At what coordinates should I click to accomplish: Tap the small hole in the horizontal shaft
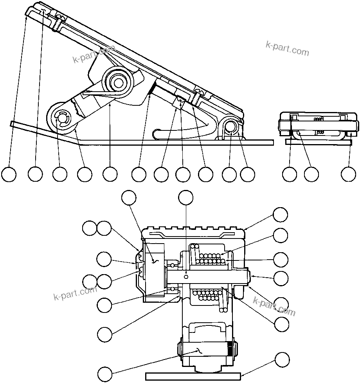(187, 276)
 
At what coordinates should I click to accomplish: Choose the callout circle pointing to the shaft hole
(186, 197)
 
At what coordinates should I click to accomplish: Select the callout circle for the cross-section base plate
(282, 359)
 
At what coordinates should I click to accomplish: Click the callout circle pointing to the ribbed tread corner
(280, 215)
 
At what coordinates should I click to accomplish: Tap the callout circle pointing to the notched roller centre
(59, 174)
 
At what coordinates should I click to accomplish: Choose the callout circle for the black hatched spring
(139, 174)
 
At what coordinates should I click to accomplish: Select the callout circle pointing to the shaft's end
(281, 278)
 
